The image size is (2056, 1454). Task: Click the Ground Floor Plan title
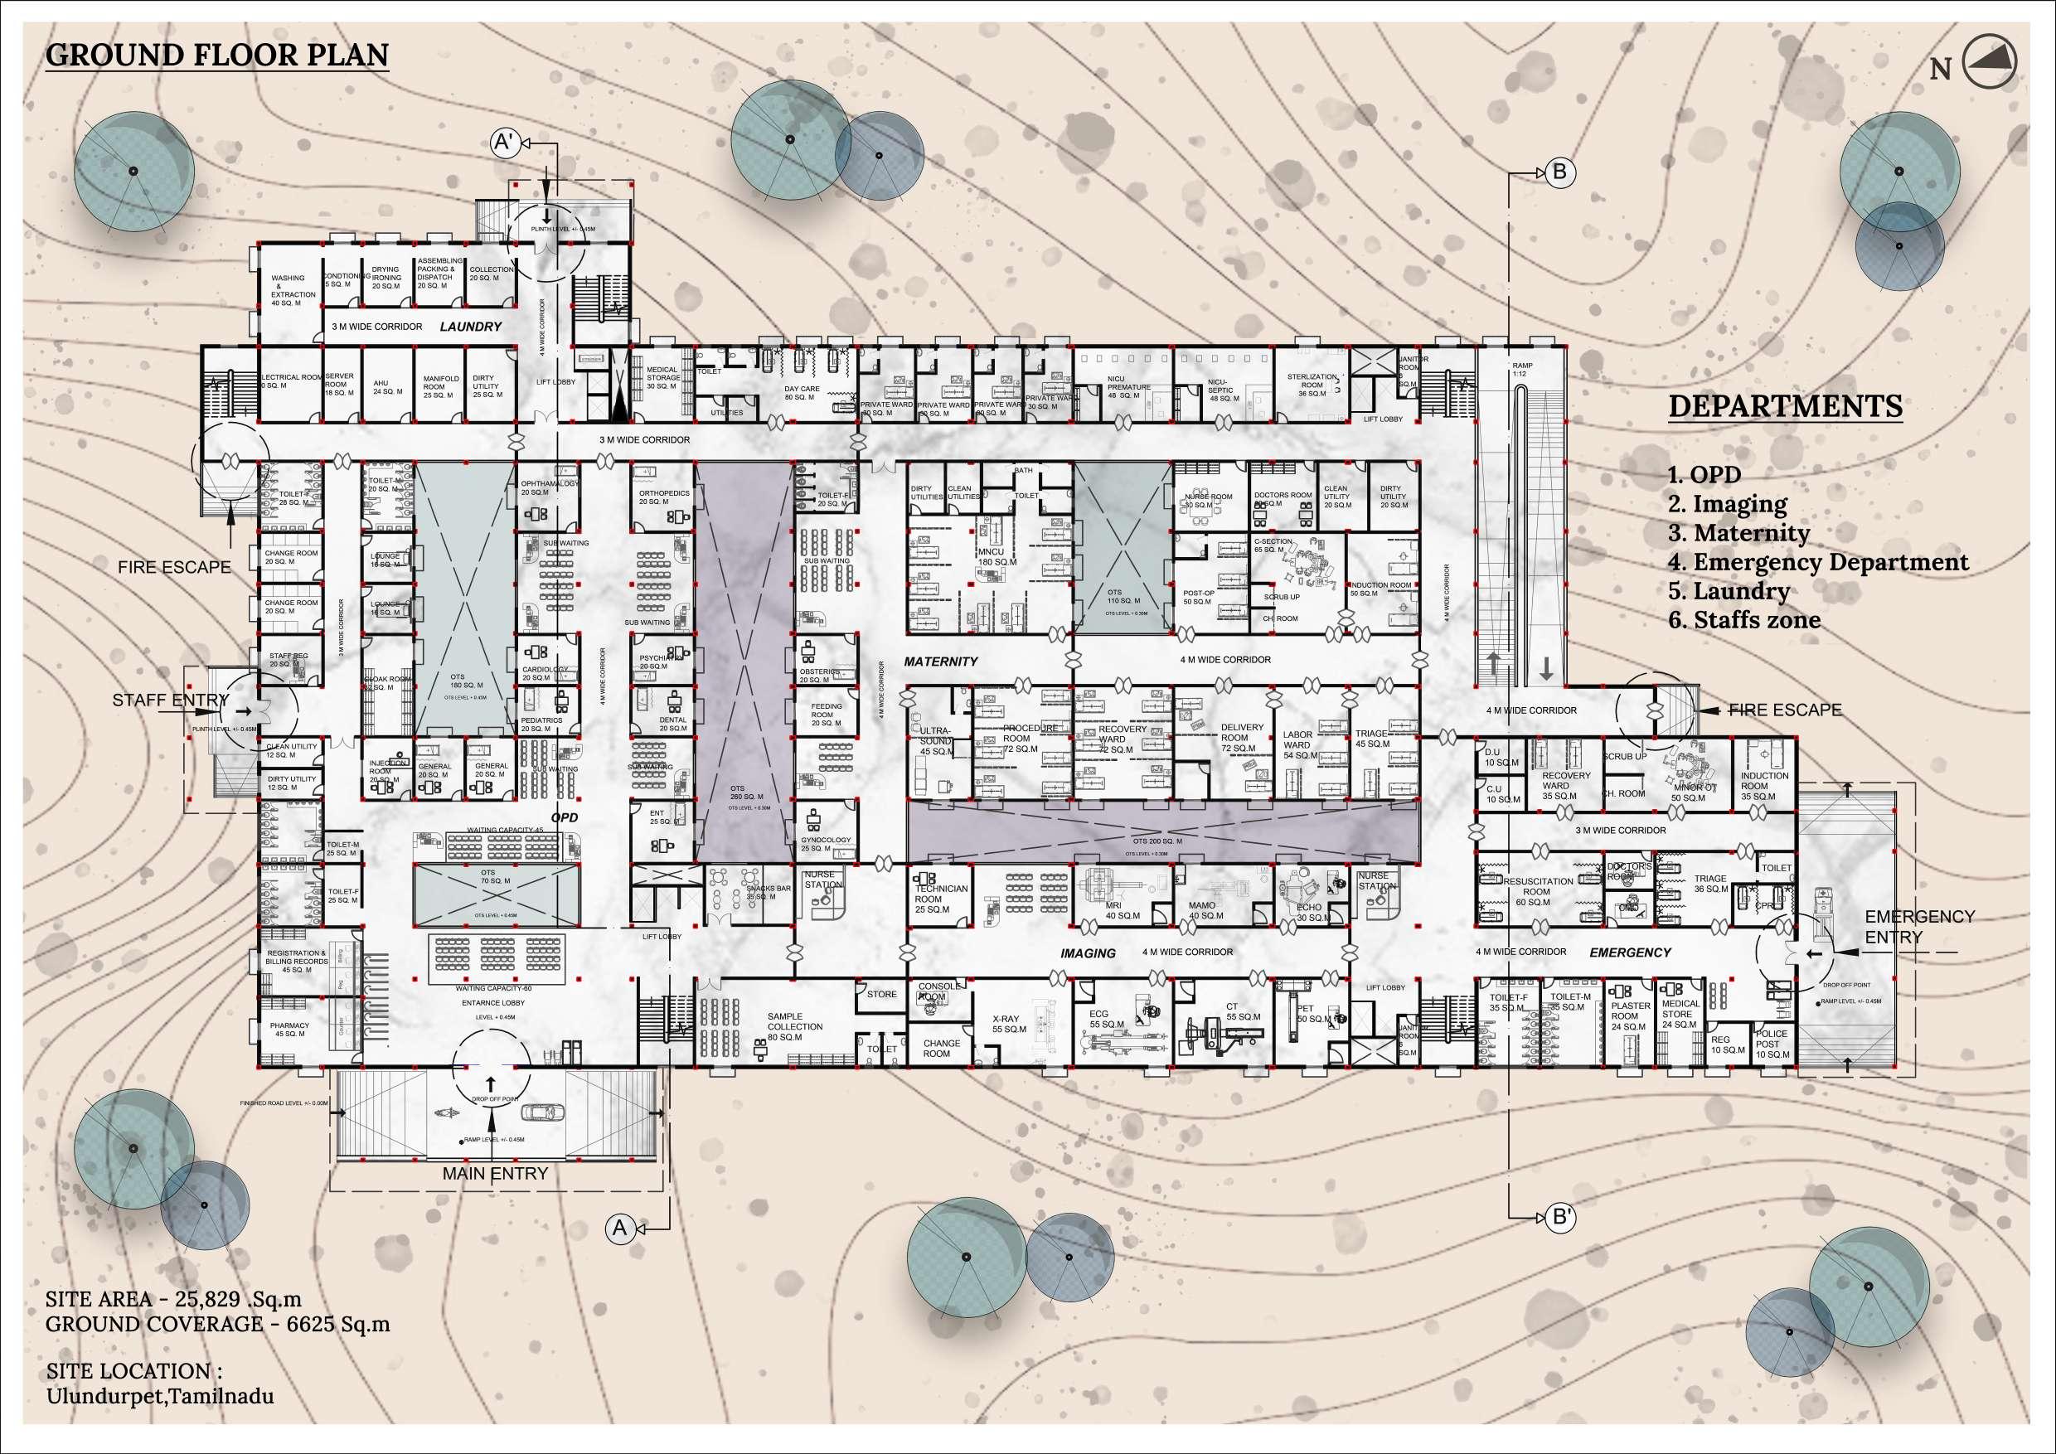click(216, 56)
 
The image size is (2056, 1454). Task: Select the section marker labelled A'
click(506, 143)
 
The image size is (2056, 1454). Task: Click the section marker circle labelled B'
click(1560, 1218)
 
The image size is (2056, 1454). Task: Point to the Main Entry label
click(495, 1173)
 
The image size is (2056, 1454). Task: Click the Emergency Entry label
click(1919, 927)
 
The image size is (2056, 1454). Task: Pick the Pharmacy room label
click(289, 1030)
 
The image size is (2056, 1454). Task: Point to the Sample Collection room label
click(794, 1027)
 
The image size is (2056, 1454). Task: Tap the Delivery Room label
click(1241, 738)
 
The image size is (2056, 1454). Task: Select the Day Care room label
click(802, 393)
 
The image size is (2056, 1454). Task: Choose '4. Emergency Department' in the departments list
click(1818, 562)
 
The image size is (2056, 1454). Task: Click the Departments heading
click(1785, 406)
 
